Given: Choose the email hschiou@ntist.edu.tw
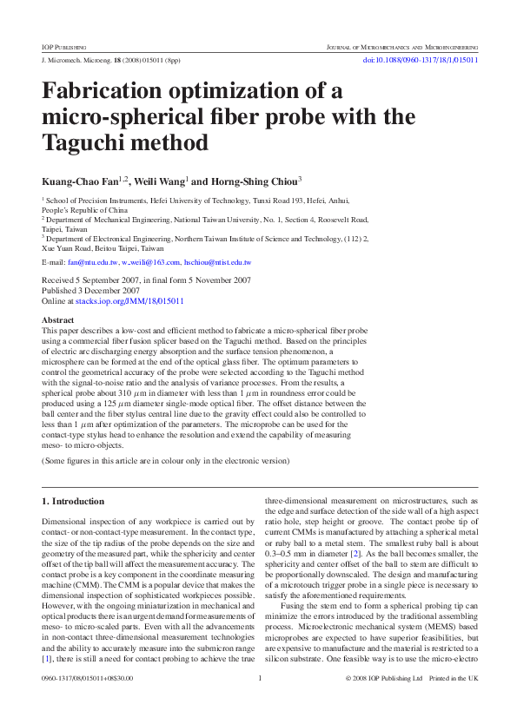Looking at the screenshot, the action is (218, 261).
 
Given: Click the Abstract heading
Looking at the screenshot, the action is (58, 320).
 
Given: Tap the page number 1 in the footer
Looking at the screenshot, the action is (260, 678).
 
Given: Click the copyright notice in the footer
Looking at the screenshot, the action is (387, 678).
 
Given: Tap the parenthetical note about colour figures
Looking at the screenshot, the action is (165, 461).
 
